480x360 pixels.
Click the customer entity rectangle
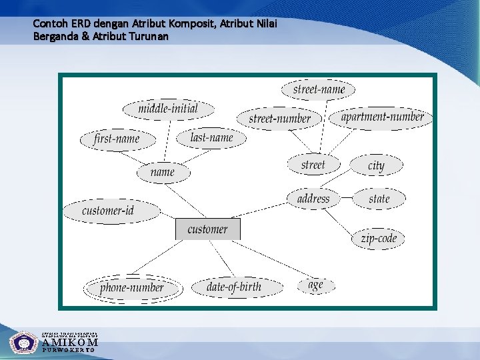[x=207, y=229]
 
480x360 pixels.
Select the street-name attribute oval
[x=319, y=89]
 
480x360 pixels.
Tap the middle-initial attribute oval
[x=168, y=109]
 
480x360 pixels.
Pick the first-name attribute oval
[x=117, y=139]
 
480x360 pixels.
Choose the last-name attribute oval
[x=211, y=138]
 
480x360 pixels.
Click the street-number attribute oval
[x=280, y=119]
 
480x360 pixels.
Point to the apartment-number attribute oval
[x=382, y=117]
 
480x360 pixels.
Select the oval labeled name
[x=163, y=172]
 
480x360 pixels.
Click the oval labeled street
[x=313, y=164]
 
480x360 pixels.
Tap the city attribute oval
[x=377, y=165]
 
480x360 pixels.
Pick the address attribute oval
[x=313, y=198]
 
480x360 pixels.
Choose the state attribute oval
[x=379, y=199]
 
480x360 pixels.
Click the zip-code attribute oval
[x=379, y=238]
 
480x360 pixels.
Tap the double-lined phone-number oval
[x=132, y=288]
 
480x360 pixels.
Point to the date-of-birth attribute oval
[x=234, y=287]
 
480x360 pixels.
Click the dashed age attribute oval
[x=315, y=285]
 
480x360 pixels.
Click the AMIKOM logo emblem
[x=24, y=343]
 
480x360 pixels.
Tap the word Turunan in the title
[x=150, y=37]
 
